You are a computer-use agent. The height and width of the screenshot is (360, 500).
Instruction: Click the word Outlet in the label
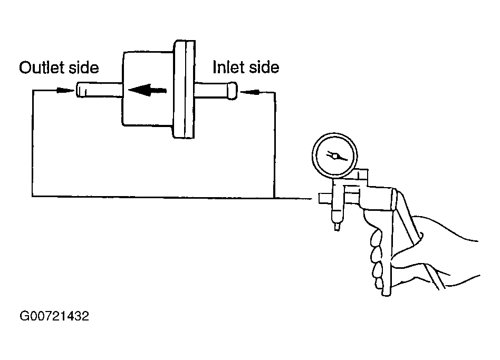pyautogui.click(x=41, y=68)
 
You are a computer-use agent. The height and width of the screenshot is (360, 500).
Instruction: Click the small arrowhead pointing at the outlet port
pyautogui.click(x=64, y=91)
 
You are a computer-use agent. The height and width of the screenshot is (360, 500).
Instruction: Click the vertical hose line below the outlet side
pyautogui.click(x=33, y=148)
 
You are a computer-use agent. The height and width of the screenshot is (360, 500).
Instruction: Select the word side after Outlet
pyautogui.click(x=84, y=68)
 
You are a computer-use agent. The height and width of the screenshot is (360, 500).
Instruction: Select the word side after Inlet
pyautogui.click(x=263, y=67)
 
